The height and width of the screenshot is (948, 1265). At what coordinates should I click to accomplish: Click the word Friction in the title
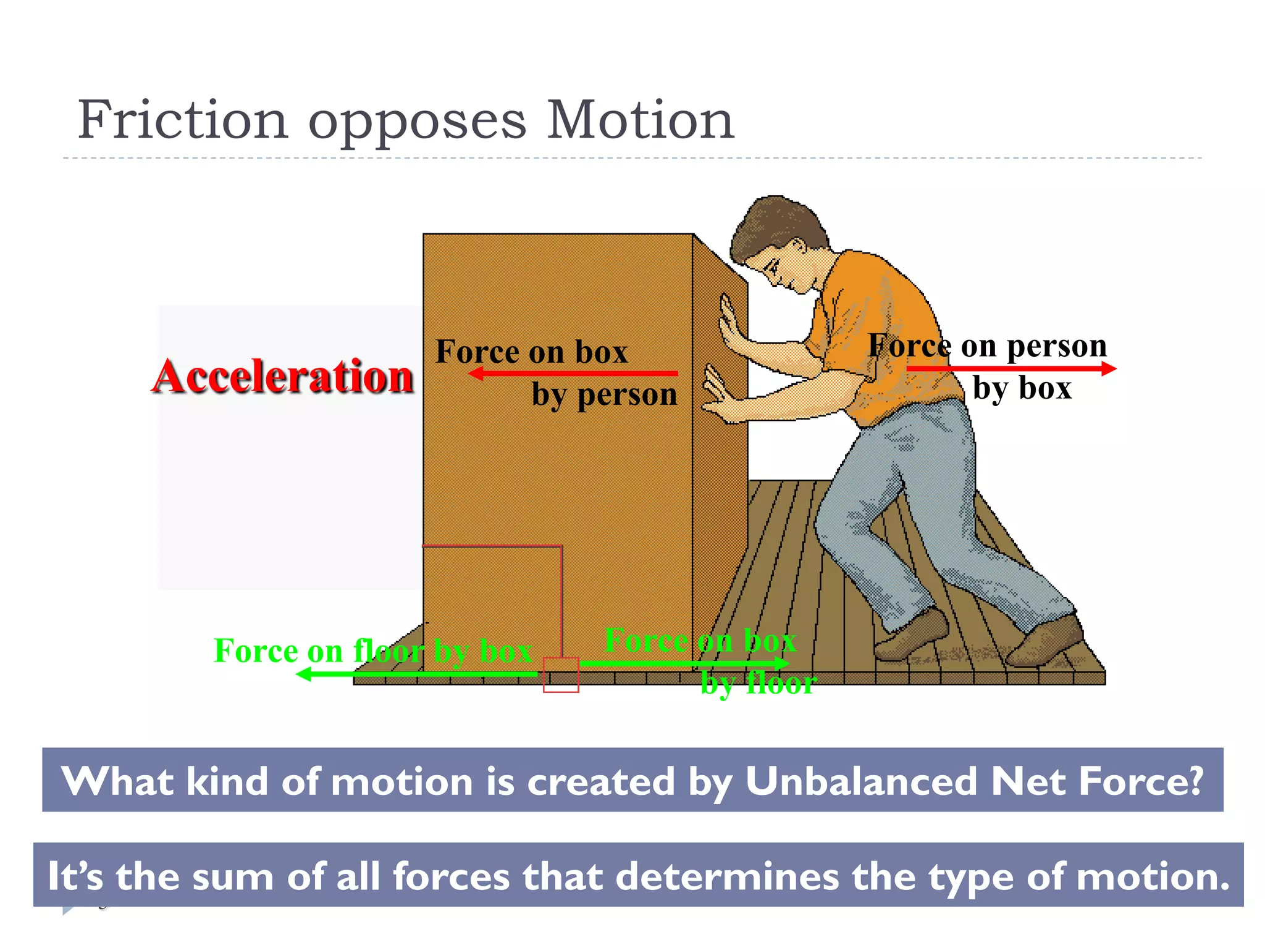pyautogui.click(x=183, y=120)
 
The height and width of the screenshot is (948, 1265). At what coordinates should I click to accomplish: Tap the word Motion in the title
pyautogui.click(x=641, y=120)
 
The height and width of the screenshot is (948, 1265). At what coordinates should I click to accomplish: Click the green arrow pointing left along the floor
pyautogui.click(x=417, y=674)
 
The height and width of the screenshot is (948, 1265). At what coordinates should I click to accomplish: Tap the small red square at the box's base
pyautogui.click(x=561, y=675)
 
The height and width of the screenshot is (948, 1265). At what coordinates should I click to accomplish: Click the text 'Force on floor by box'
pyautogui.click(x=373, y=651)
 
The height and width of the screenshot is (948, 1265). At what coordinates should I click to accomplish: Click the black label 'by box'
pyautogui.click(x=1022, y=389)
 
